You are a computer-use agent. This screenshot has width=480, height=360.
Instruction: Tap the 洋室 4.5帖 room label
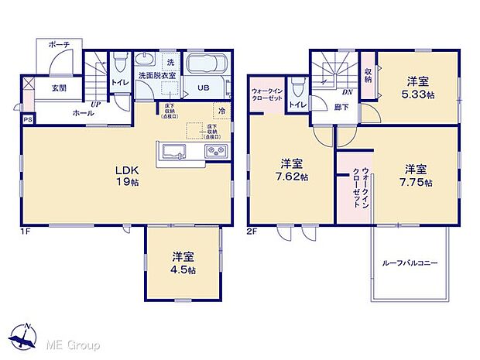(x=183, y=262)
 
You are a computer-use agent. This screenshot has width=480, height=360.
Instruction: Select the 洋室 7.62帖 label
(x=293, y=170)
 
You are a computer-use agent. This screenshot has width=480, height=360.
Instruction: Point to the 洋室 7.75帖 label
(x=415, y=174)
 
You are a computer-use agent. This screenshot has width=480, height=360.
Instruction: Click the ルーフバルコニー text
(x=410, y=263)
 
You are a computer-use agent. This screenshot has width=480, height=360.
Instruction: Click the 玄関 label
(x=59, y=88)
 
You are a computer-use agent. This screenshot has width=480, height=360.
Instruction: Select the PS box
(x=28, y=119)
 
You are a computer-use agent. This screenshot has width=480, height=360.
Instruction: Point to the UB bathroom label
(x=202, y=88)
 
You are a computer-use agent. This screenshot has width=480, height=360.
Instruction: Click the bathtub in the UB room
(x=206, y=64)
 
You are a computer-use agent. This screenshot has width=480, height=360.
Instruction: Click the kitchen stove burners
(x=214, y=149)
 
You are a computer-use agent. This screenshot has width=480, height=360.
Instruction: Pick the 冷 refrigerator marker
(x=221, y=110)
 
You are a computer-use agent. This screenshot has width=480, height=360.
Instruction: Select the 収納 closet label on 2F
(x=369, y=74)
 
